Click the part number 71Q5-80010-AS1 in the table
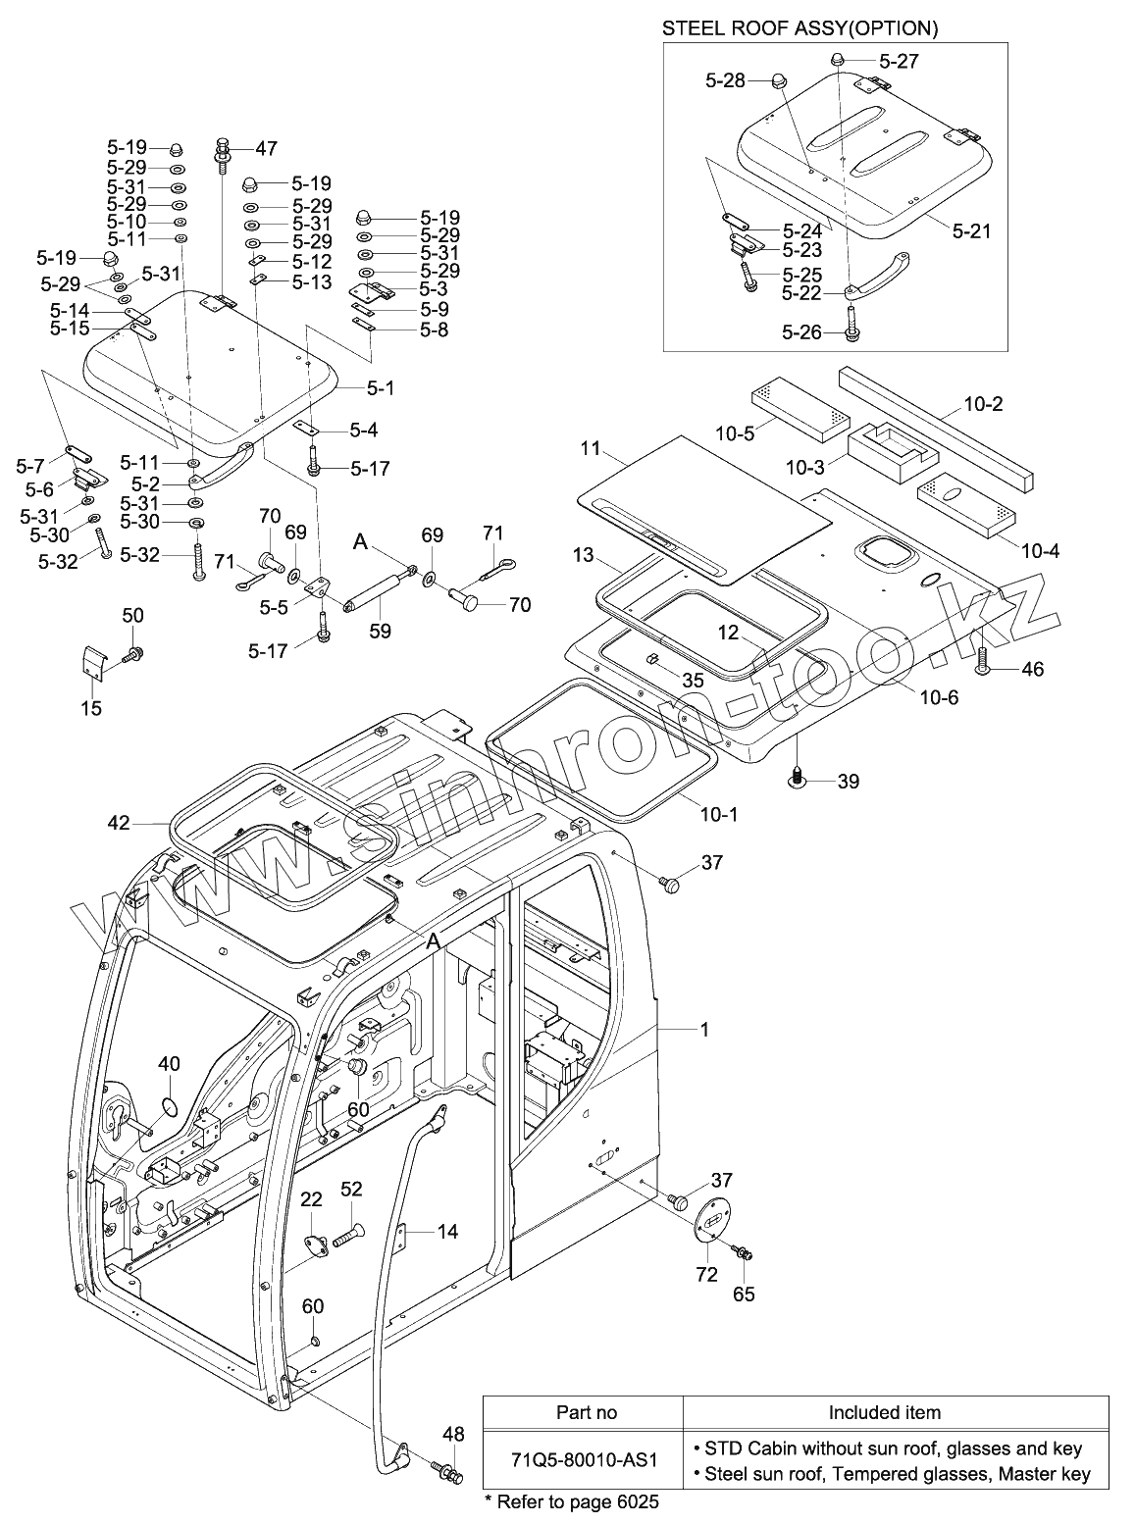tap(583, 1457)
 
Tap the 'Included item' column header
tap(884, 1412)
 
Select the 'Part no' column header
tap(587, 1412)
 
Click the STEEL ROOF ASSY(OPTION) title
tap(800, 28)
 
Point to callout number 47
tap(266, 149)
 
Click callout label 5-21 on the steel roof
tap(971, 231)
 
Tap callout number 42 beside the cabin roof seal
tap(118, 823)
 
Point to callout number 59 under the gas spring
tap(380, 632)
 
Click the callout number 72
tap(706, 1274)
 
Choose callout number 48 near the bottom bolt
tap(453, 1435)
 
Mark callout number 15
tap(91, 708)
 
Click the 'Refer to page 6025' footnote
tap(572, 1501)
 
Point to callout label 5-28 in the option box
tap(725, 81)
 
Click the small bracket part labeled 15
tap(91, 661)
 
